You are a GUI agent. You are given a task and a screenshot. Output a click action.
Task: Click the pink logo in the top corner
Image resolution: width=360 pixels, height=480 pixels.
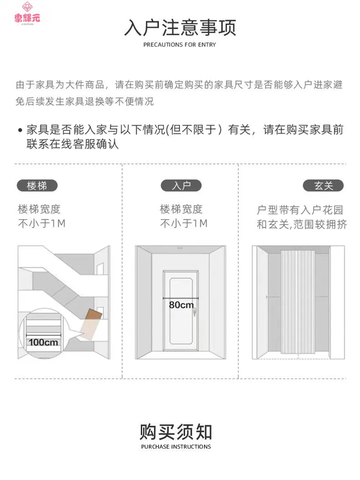tap(27, 13)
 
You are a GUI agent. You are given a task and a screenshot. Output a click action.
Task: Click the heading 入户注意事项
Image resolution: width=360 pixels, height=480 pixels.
tap(180, 27)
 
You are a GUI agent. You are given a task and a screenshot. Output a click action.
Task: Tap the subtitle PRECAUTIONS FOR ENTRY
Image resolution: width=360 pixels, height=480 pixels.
tap(180, 45)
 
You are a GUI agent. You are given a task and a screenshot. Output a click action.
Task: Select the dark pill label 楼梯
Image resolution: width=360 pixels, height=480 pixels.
tap(37, 185)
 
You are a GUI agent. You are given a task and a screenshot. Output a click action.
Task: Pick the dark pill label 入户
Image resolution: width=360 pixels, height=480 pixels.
tap(181, 185)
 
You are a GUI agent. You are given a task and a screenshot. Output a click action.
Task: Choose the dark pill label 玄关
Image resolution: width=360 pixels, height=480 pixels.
tap(323, 185)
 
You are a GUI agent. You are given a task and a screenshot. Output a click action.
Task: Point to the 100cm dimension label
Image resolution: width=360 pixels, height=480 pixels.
tap(43, 342)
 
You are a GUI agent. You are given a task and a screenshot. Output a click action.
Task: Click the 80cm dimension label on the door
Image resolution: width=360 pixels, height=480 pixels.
tap(181, 305)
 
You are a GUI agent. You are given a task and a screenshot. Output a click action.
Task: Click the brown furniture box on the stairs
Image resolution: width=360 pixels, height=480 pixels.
tap(91, 324)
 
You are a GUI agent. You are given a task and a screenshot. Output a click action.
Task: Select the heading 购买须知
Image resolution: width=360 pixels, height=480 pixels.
tap(176, 432)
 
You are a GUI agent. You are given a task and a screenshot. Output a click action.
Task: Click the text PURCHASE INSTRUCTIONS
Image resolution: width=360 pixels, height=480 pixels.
tap(176, 447)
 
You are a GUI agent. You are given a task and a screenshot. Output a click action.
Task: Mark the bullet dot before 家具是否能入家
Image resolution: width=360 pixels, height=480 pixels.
tap(20, 130)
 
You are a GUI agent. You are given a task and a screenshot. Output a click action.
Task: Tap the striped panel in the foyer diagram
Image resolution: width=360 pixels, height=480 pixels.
tap(298, 301)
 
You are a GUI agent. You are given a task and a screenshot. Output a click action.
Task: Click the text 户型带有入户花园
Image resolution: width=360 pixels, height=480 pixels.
tap(300, 210)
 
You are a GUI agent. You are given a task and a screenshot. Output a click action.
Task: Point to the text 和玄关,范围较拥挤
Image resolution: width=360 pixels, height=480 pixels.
tap(302, 225)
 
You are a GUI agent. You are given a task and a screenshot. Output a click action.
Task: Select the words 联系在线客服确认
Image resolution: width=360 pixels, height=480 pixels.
tap(72, 144)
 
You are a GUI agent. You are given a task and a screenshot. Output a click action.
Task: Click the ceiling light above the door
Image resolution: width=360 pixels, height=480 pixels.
tap(180, 248)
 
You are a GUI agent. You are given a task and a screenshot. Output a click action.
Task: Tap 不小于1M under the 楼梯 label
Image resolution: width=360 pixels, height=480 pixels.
tap(41, 224)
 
